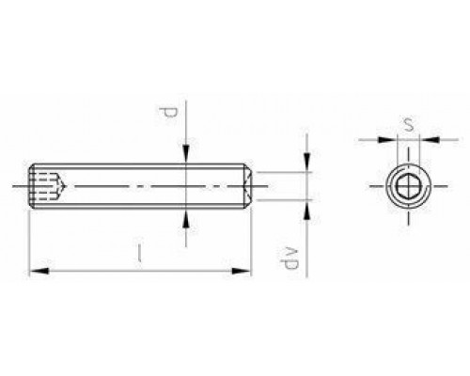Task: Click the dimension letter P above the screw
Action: coord(167,113)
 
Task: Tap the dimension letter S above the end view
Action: coord(408,125)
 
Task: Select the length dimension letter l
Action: coord(139,253)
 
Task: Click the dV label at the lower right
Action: coord(290,258)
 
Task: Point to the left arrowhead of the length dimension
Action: coord(39,271)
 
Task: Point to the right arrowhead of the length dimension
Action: coord(242,271)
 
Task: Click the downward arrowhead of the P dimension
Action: coord(186,154)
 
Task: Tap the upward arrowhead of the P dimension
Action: coord(186,218)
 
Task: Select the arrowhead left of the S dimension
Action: coord(387,139)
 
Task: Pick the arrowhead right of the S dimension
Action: coord(429,139)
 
